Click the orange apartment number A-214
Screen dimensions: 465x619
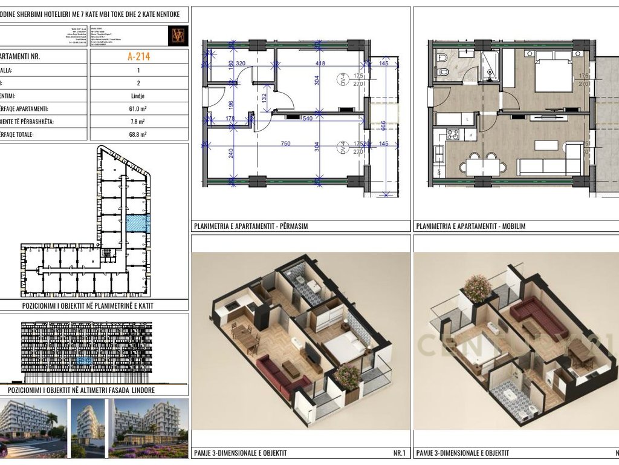click(x=138, y=57)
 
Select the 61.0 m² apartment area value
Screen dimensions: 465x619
click(x=138, y=109)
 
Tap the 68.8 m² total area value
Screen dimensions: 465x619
click(x=138, y=134)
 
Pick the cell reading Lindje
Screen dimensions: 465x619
click(x=138, y=96)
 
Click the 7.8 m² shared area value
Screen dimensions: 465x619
click(x=138, y=122)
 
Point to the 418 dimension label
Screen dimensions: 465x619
click(x=320, y=63)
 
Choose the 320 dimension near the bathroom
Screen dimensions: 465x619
click(x=240, y=63)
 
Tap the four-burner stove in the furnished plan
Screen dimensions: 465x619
click(x=452, y=134)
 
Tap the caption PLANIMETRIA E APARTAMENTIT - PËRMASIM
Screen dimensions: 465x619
click(x=251, y=226)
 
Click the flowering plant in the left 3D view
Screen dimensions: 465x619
click(x=347, y=376)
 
